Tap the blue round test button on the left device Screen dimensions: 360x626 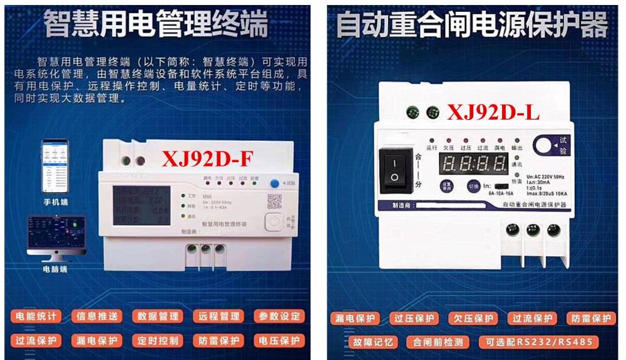(274, 183)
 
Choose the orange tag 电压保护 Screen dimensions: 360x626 (279, 341)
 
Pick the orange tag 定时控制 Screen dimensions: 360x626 (157, 341)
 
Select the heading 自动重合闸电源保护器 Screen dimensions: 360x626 (472, 26)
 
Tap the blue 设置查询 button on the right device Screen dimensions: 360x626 (447, 186)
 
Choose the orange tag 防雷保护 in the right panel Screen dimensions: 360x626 (591, 318)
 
